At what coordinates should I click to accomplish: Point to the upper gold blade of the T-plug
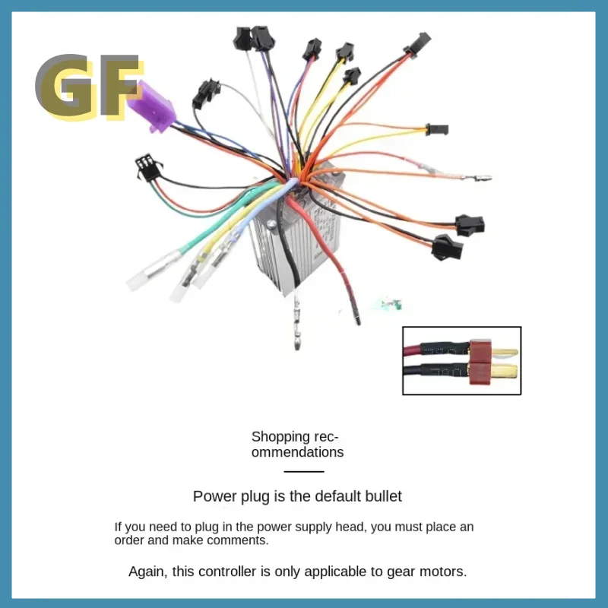[x=505, y=353]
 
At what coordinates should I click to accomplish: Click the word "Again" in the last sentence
[x=144, y=571]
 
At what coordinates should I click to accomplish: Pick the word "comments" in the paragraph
[x=242, y=541]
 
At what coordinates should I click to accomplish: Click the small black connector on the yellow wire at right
[x=437, y=129]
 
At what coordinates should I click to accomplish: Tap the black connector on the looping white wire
[x=203, y=93]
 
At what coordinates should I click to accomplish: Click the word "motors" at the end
[x=443, y=571]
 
